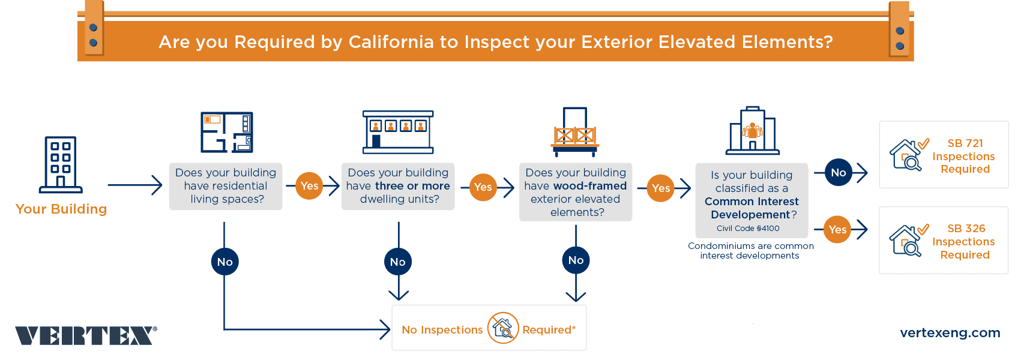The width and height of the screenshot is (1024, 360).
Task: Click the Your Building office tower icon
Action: point(61,164)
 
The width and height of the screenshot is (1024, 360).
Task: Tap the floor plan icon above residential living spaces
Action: point(227,132)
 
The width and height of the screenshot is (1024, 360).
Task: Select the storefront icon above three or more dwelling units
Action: point(398,132)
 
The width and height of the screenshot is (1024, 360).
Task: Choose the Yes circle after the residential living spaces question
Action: point(309,186)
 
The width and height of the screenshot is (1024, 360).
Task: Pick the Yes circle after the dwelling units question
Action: point(483,187)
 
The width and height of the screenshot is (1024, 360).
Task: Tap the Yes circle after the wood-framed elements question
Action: point(660,188)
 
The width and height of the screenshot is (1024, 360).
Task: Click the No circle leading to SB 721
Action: point(838,173)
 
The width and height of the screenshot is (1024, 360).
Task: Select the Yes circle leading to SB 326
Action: point(837,229)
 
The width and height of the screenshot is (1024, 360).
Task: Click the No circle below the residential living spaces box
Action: point(224,262)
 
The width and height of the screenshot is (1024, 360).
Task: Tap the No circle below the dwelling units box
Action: point(397,262)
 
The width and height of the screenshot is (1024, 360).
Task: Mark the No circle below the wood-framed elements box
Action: point(576,260)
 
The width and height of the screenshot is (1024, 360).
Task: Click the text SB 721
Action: point(965,143)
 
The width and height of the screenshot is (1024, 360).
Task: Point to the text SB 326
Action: point(966,229)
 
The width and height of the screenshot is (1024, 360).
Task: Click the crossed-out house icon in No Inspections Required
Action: point(503,328)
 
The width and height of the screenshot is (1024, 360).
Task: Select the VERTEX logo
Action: point(86,335)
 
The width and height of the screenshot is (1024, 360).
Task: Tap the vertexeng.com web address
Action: point(950,333)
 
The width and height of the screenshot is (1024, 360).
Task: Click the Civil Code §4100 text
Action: point(748,229)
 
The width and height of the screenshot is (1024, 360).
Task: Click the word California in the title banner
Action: point(391,42)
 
